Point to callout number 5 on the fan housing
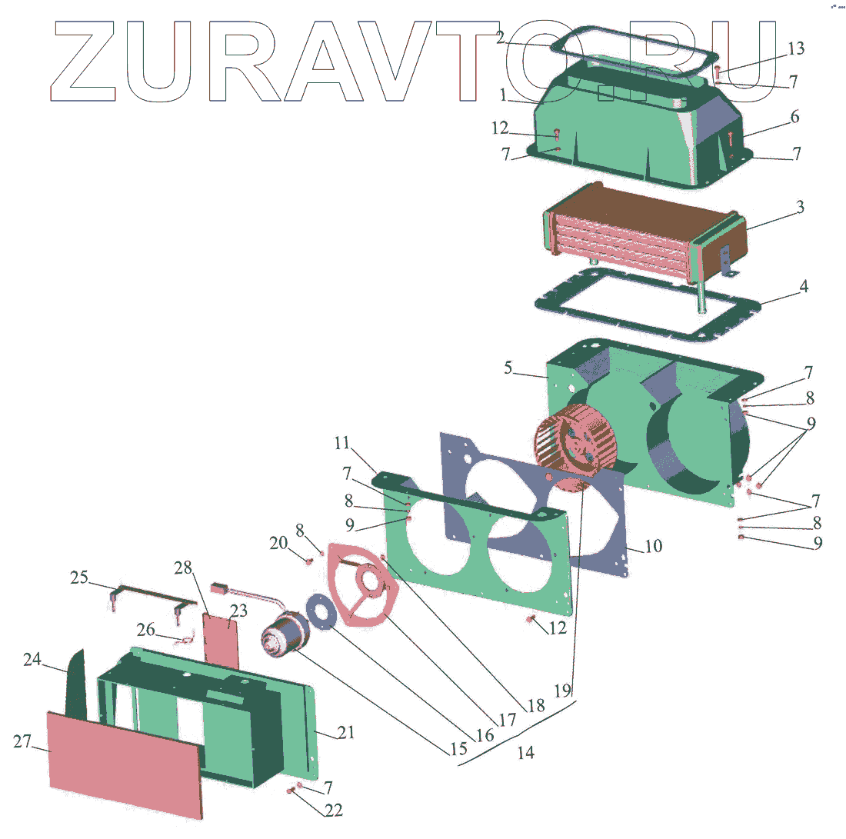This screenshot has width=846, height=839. pos(508,368)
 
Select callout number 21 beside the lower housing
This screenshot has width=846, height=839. pos(346,733)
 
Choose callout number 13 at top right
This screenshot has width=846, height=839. pos(796,49)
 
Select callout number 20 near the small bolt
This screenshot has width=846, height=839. pos(278,543)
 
